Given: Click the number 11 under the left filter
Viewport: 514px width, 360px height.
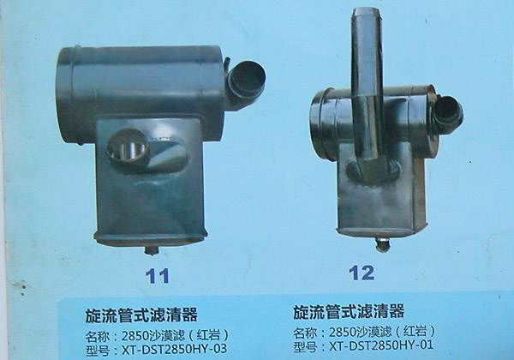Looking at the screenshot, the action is pyautogui.click(x=158, y=276).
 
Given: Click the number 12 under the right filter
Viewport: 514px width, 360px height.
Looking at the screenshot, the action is pyautogui.click(x=362, y=273).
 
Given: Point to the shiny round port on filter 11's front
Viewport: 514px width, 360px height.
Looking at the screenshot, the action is pyautogui.click(x=127, y=147).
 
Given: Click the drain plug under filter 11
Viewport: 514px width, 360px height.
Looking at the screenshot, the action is pyautogui.click(x=152, y=250).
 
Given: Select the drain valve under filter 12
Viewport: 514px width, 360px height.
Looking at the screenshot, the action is pyautogui.click(x=382, y=244).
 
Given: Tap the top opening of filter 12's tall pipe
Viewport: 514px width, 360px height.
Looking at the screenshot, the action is pyautogui.click(x=366, y=13).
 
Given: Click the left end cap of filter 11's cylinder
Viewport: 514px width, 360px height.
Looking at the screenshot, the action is pyautogui.click(x=65, y=94).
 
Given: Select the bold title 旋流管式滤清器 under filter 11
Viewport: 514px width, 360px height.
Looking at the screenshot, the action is pyautogui.click(x=141, y=315).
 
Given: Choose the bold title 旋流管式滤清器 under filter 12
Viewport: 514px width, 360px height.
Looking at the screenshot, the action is pyautogui.click(x=349, y=311).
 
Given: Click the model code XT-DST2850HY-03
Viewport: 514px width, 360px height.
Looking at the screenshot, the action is pyautogui.click(x=174, y=349).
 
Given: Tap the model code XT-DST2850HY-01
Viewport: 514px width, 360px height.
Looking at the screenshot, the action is pyautogui.click(x=381, y=345).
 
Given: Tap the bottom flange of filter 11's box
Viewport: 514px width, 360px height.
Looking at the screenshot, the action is pyautogui.click(x=151, y=237).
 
